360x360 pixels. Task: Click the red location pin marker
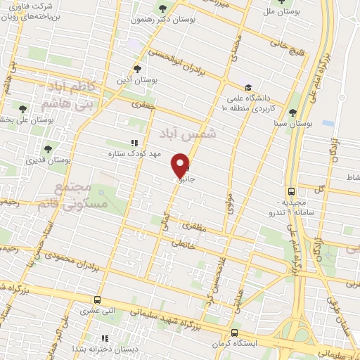click(181, 165)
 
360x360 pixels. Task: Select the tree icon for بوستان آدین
click(137, 70)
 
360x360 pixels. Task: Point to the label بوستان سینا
click(294, 124)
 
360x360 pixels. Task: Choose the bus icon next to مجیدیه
click(291, 191)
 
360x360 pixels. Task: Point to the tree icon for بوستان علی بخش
click(22, 109)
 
